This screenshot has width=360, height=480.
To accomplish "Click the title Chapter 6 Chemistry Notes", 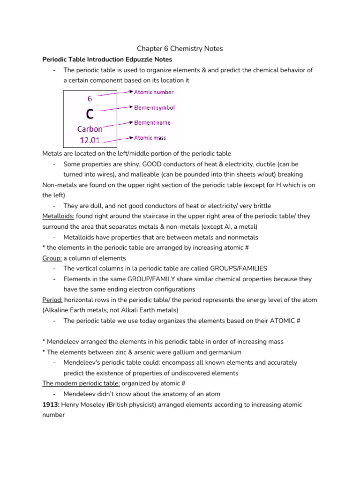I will click(x=180, y=49).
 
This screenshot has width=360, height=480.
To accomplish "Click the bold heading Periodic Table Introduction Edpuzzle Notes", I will click(x=107, y=60).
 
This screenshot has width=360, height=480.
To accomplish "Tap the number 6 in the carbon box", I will click(x=90, y=99).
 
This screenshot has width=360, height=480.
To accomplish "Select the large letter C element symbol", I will click(x=90, y=114).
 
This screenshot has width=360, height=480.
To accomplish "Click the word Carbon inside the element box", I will click(x=90, y=129).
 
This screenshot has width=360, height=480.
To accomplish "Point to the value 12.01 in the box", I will click(x=90, y=140).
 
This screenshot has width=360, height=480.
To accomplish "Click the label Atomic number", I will click(x=154, y=92).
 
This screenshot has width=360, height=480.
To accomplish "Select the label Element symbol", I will click(x=154, y=108).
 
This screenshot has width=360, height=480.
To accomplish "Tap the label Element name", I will click(x=152, y=123).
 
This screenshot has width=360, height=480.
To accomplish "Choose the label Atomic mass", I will click(x=150, y=138).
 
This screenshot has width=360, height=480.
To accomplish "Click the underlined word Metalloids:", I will click(x=58, y=216).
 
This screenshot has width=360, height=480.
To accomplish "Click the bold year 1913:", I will click(x=51, y=405).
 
